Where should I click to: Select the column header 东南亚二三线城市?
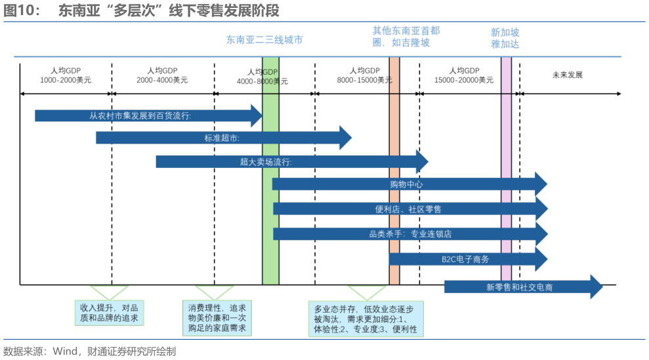pos(264,40)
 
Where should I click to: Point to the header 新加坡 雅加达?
pos(505,37)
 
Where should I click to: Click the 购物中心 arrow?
pos(407,185)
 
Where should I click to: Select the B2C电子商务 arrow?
pos(465,259)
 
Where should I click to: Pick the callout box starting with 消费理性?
pos(217,318)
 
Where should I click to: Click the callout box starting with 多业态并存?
pos(366,319)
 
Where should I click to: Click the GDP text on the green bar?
pos(270,71)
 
